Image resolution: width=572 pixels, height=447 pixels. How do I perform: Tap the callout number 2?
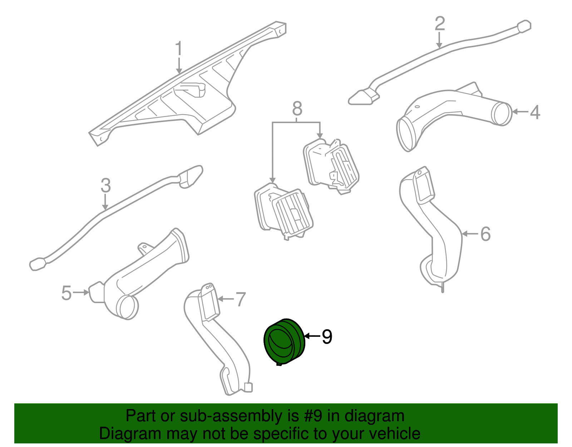click(440, 23)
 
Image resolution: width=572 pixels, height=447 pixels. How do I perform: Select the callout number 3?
click(105, 185)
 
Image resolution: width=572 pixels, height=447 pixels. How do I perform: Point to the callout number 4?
click(535, 112)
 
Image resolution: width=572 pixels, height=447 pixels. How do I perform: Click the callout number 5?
click(66, 293)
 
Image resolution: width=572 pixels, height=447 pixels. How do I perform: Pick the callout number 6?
click(485, 234)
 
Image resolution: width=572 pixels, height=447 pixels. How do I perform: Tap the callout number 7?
click(241, 299)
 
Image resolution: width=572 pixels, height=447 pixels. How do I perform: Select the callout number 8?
click(297, 108)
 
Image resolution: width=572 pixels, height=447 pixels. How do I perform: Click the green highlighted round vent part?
click(284, 342)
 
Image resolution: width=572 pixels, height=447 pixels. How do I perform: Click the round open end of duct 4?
click(502, 114)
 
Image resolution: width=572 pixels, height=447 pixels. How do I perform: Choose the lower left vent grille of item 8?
click(292, 213)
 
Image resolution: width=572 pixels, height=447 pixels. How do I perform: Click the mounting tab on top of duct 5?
click(144, 248)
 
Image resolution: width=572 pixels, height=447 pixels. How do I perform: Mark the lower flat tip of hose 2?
click(361, 97)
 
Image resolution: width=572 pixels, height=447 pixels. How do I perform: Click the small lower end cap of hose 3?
click(37, 264)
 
